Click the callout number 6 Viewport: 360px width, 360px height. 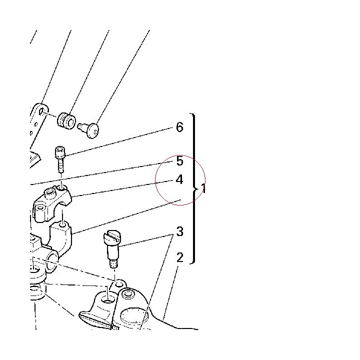pos(180,127)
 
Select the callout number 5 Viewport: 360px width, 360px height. pos(180,160)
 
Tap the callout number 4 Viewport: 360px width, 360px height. pos(179,179)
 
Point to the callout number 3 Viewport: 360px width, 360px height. pos(180,231)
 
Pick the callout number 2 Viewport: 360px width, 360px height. pos(180,257)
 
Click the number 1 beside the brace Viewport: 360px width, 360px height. pos(203,188)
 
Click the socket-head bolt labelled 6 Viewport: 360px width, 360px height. pos(60,160)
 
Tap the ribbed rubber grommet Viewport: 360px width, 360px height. pos(66,120)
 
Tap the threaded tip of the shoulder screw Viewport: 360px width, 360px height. pos(113,264)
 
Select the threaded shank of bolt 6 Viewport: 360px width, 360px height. pos(60,166)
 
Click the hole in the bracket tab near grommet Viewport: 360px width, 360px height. pos(41,112)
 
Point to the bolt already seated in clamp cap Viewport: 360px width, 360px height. pos(50,193)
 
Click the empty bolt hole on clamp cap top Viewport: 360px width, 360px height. pos(61,188)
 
